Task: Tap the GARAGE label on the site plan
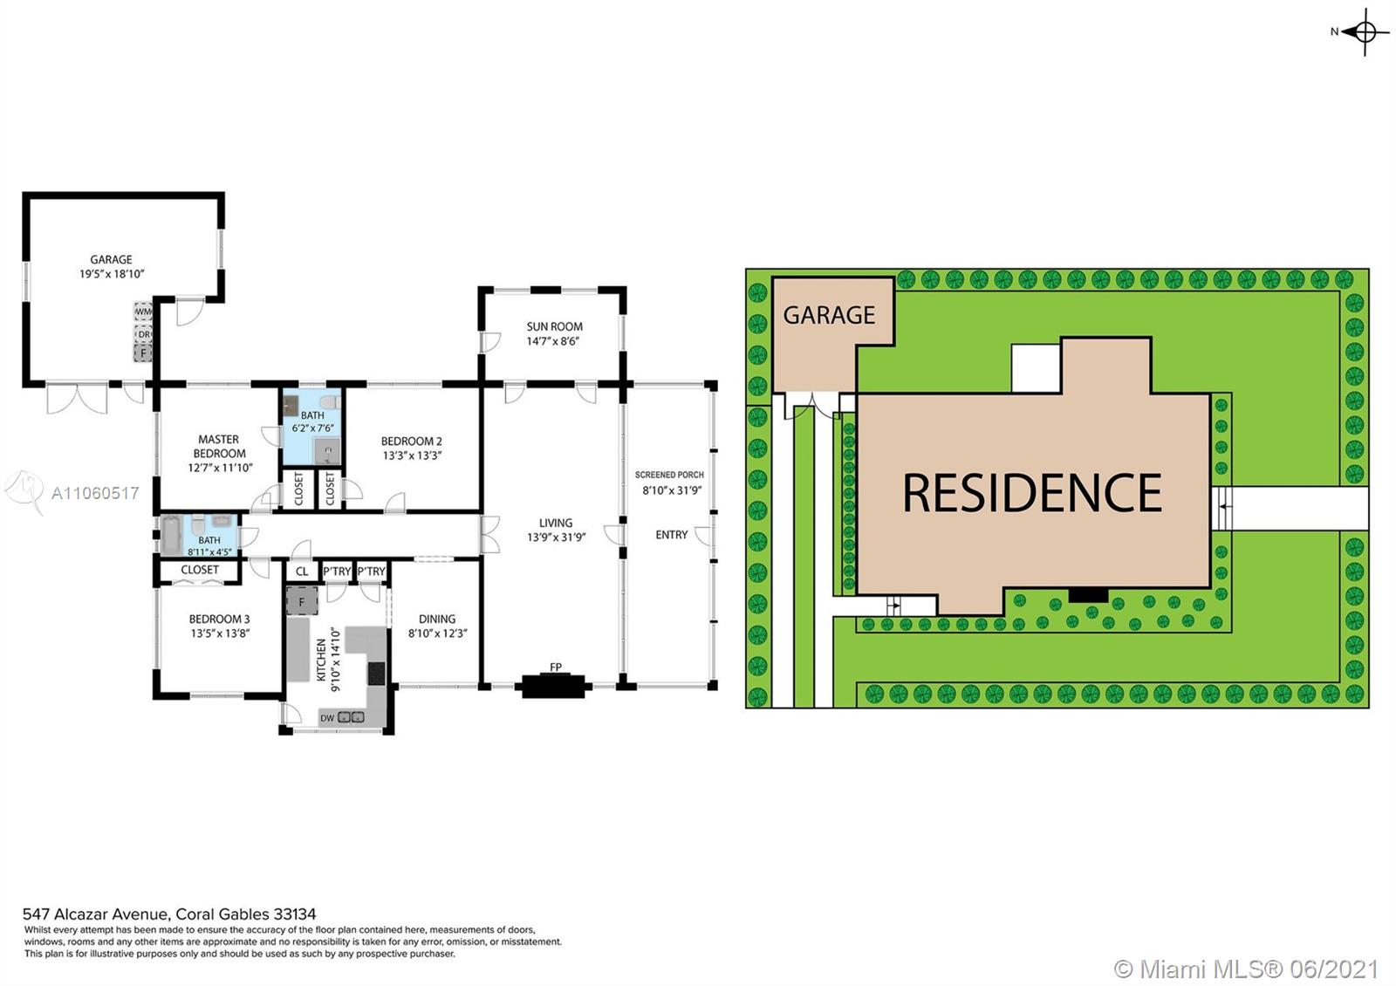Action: point(829,315)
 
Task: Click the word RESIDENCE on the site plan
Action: point(1032,492)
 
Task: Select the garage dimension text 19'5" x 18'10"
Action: point(112,274)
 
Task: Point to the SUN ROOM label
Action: point(554,326)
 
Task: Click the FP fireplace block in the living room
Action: point(555,686)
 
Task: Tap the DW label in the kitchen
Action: point(327,718)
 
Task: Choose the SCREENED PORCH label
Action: point(669,475)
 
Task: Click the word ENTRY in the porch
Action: point(671,535)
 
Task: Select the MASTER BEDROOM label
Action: point(219,446)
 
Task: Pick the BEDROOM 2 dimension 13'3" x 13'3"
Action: point(412,455)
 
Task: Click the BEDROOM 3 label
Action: point(219,619)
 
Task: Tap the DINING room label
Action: point(437,619)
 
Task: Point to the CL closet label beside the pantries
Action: point(302,572)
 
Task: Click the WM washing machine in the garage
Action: point(143,311)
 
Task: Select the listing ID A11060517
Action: point(95,494)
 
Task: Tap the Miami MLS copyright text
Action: point(1246,969)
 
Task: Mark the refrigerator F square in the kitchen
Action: point(302,601)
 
